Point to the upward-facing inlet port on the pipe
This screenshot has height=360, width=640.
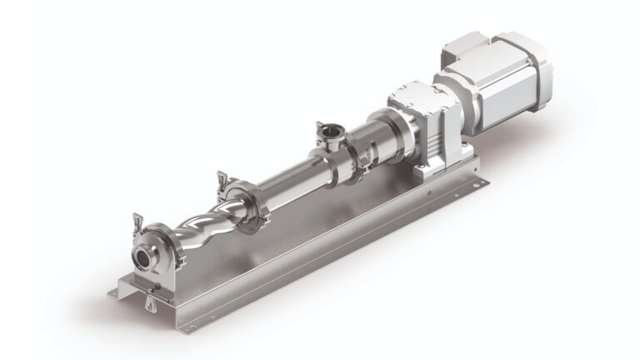(322, 131)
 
